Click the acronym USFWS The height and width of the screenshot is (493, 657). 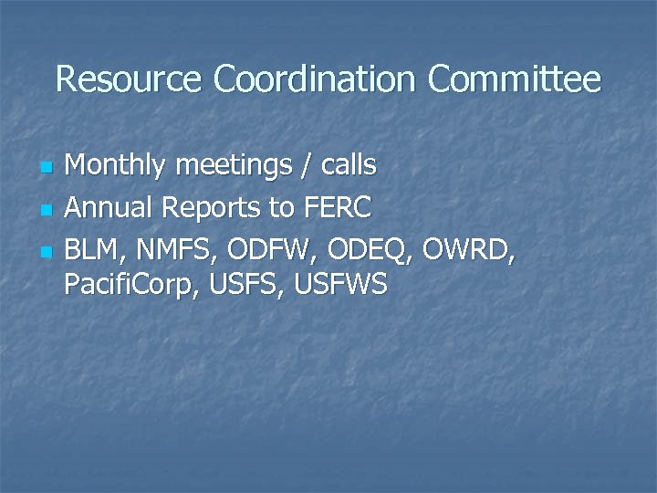pos(342,286)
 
